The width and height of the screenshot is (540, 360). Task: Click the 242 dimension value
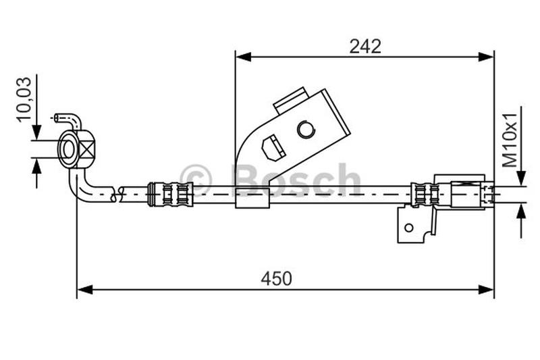click(365, 46)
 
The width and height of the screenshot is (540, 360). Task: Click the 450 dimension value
click(277, 278)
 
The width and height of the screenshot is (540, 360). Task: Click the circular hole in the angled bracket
click(306, 128)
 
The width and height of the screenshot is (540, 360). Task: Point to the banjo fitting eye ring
click(68, 149)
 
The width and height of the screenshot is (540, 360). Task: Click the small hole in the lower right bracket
click(408, 228)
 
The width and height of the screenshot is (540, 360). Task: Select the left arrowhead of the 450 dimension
click(85, 290)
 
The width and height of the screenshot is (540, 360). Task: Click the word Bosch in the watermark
click(297, 180)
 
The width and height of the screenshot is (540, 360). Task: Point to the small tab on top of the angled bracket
click(292, 100)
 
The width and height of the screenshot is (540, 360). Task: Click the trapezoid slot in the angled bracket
click(272, 148)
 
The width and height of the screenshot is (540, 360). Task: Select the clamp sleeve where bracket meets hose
click(251, 197)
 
